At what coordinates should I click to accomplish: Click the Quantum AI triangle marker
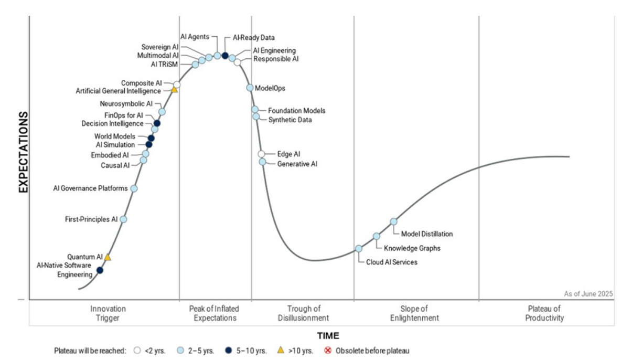108,257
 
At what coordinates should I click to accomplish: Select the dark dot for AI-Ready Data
225,56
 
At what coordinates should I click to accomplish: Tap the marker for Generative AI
262,162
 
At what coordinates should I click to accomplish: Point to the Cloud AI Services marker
358,249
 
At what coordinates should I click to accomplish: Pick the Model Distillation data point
393,221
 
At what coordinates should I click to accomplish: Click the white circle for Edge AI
261,154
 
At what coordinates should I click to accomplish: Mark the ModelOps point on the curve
250,88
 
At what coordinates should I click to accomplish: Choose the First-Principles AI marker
123,219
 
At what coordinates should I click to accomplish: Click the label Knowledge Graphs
412,248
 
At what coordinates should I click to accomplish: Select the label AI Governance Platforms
91,188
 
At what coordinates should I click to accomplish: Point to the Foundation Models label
296,111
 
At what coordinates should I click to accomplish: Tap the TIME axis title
328,336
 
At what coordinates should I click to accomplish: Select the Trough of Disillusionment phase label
304,313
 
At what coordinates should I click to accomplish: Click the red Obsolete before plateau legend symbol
328,350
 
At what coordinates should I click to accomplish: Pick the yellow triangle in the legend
281,350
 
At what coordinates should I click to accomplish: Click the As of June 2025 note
588,293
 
